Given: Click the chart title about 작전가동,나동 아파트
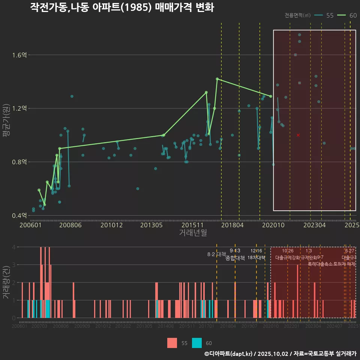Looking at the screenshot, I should point(122,7).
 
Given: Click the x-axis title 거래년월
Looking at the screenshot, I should point(193,232).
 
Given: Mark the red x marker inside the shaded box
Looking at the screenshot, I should point(298,135).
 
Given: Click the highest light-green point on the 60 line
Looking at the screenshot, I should point(217,79).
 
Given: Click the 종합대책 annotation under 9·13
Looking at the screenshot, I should point(235,258).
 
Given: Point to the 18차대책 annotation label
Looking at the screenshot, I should point(256,258).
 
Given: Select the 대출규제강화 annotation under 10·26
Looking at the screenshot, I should point(288,258).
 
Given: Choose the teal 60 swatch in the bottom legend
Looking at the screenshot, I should point(197,343).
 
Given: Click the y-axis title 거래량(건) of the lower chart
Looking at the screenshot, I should point(6,282).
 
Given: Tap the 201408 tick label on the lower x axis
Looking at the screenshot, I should point(166,327).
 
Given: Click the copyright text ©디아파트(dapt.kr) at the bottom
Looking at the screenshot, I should point(229,354).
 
